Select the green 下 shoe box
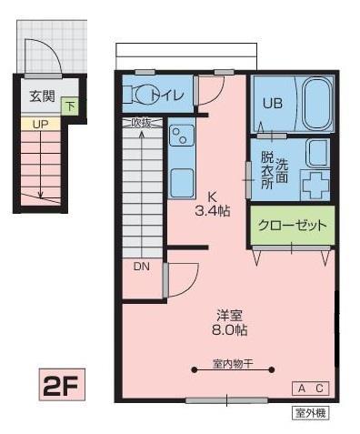click(x=71, y=106)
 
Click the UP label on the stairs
click(x=39, y=123)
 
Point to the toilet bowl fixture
click(x=138, y=93)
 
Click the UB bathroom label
click(x=272, y=103)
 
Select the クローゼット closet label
click(x=290, y=225)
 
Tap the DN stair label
click(x=142, y=267)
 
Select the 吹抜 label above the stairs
click(x=142, y=122)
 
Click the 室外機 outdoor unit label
click(x=310, y=413)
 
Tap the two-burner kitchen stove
click(x=179, y=138)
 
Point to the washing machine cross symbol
click(x=315, y=185)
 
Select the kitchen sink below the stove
click(x=180, y=179)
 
